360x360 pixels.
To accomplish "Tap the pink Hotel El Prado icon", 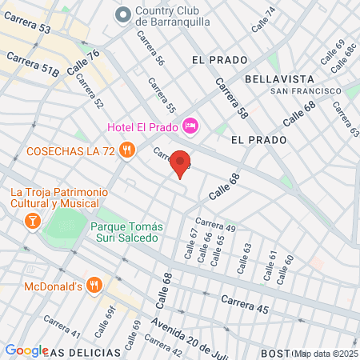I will pyautogui.click(x=190, y=125).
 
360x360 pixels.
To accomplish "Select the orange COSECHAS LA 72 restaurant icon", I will pyautogui.click(x=126, y=150).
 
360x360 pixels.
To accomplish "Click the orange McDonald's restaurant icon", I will pyautogui.click(x=94, y=286).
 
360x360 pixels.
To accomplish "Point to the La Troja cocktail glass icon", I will pyautogui.click(x=33, y=220).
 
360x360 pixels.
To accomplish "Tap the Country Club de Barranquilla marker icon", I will pyautogui.click(x=123, y=14).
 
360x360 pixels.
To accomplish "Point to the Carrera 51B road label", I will pyautogui.click(x=33, y=63).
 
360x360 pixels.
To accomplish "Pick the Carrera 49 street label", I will pyautogui.click(x=214, y=226).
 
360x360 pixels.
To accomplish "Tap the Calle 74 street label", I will pyautogui.click(x=263, y=20).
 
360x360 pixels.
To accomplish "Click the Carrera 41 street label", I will pyautogui.click(x=62, y=326).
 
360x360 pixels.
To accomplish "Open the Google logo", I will pyautogui.click(x=26, y=350).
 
